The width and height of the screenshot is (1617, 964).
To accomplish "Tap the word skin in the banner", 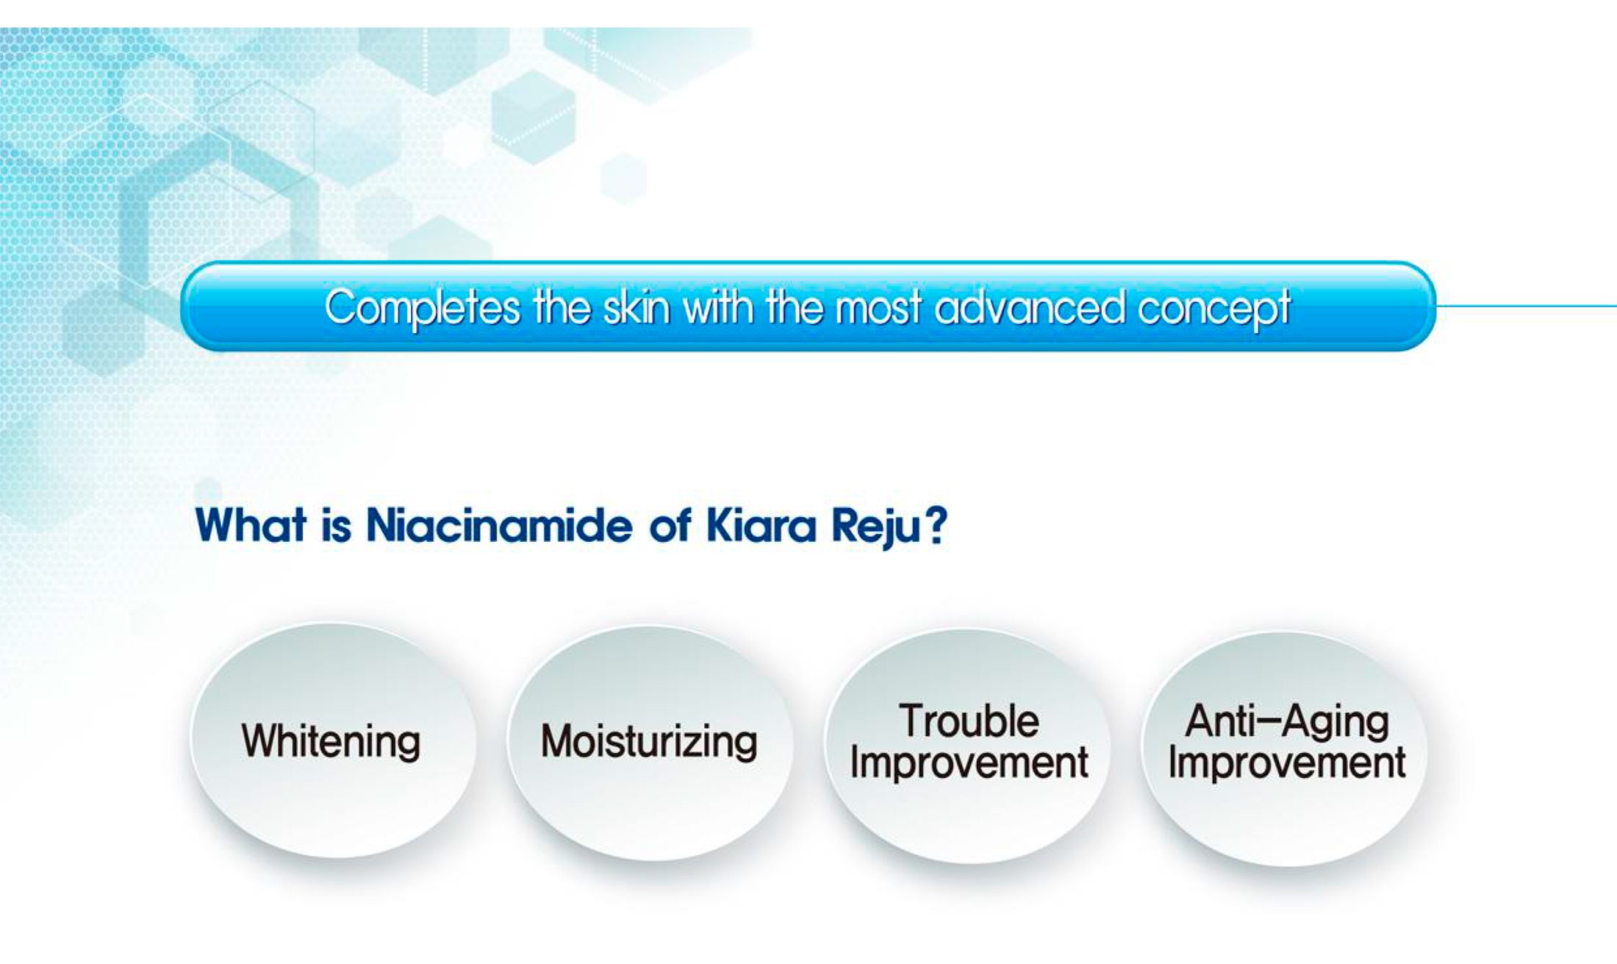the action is [x=637, y=307].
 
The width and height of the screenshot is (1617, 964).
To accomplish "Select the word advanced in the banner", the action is [x=1029, y=307].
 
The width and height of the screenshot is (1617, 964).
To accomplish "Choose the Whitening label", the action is [x=331, y=741].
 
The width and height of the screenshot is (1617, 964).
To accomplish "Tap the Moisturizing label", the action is [x=649, y=741].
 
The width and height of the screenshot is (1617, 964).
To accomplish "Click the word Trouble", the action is [x=969, y=721].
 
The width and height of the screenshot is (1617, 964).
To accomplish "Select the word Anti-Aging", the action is [x=1287, y=722].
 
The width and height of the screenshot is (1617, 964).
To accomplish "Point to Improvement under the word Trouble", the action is [x=969, y=763].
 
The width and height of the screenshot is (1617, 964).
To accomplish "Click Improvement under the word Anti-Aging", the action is [x=1287, y=763].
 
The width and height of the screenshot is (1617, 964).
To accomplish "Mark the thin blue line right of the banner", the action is [x=1526, y=306].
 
